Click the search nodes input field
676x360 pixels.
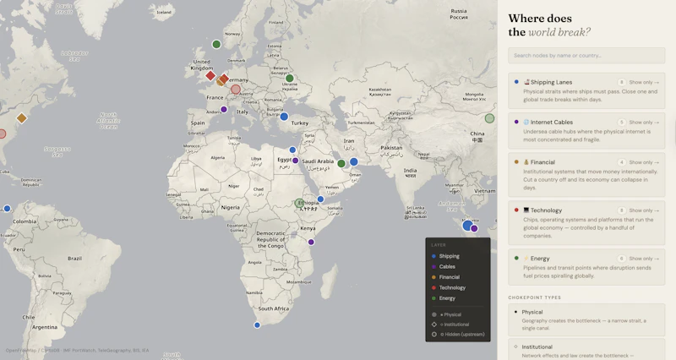586,55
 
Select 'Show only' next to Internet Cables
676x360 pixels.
643,123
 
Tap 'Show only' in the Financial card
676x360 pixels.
643,162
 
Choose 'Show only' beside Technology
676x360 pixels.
643,210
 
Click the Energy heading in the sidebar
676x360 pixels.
539,259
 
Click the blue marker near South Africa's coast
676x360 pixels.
258,325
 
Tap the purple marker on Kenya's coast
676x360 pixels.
311,243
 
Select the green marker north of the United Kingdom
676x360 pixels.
216,44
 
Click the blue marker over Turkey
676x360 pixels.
284,117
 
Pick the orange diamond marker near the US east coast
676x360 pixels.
21,118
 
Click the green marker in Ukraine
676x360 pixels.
289,78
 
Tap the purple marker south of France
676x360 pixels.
224,109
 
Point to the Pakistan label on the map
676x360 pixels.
391,148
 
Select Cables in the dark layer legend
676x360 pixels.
447,266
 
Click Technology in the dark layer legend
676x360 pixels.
452,287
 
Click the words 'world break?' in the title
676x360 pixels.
559,32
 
